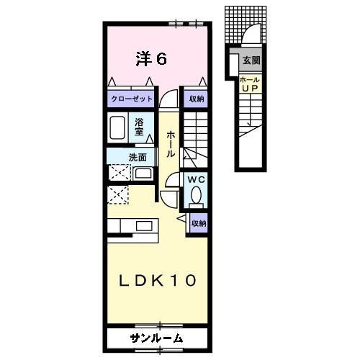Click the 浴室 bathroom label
tap(140, 125)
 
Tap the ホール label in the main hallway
tap(171, 144)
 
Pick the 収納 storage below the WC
tap(198, 223)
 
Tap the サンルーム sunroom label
tap(156, 338)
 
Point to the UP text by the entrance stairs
tap(250, 88)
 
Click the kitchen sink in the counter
tap(145, 226)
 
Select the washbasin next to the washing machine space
tap(143, 173)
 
